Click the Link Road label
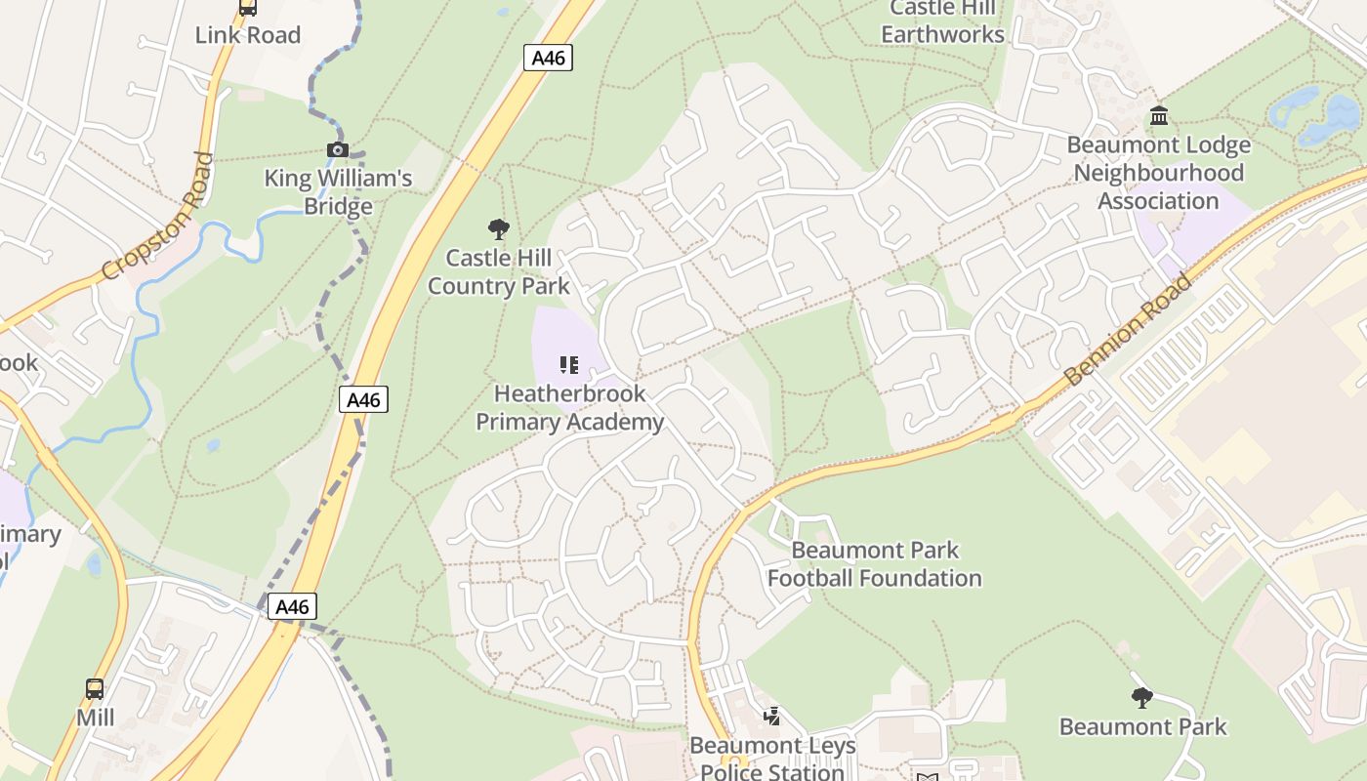tap(248, 35)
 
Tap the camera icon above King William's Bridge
tap(338, 149)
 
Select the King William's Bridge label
tap(338, 192)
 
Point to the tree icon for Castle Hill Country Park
tap(499, 229)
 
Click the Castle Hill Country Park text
tap(498, 272)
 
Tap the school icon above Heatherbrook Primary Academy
tap(569, 365)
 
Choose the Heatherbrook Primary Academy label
tap(569, 408)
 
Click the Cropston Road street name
tap(157, 216)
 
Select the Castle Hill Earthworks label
tap(942, 21)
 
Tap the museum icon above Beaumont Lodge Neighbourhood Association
tap(1159, 116)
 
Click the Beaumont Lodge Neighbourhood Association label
tap(1158, 173)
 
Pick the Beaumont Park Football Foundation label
tap(875, 564)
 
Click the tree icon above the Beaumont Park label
tap(1141, 697)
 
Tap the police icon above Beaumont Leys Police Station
tap(772, 717)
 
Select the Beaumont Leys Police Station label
tap(772, 759)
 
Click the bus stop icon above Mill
tap(95, 689)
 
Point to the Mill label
tap(96, 718)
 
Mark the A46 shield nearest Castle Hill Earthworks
tap(548, 58)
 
